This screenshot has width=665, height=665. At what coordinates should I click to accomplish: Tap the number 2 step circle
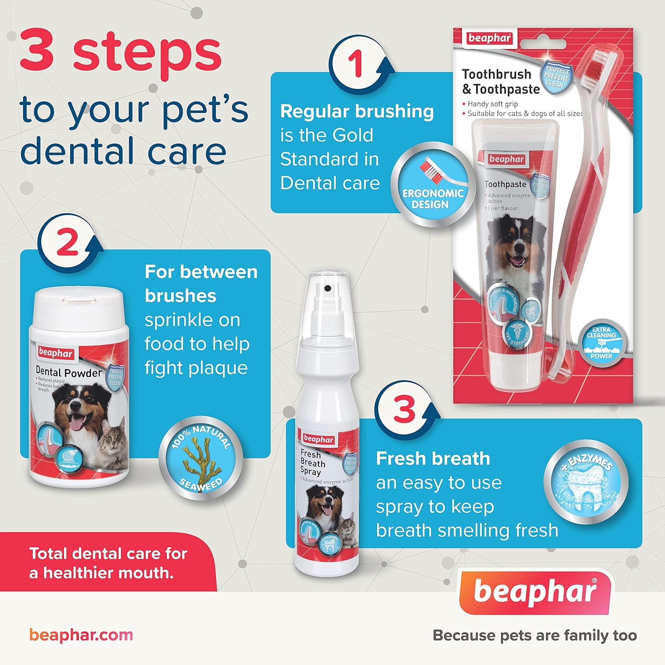coord(67,243)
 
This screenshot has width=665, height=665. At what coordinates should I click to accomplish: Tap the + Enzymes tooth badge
coord(586,482)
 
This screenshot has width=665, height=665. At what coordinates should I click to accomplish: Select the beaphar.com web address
coord(81,635)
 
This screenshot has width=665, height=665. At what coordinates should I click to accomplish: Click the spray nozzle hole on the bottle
coord(328,289)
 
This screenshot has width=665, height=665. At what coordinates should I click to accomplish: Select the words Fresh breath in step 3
coord(433,458)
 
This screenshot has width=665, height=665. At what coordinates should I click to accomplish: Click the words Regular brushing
coord(357,112)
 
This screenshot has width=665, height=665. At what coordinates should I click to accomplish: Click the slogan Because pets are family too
coord(535,635)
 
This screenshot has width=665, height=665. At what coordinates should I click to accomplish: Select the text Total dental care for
coord(108,554)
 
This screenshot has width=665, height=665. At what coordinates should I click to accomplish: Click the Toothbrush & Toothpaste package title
coord(501,82)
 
